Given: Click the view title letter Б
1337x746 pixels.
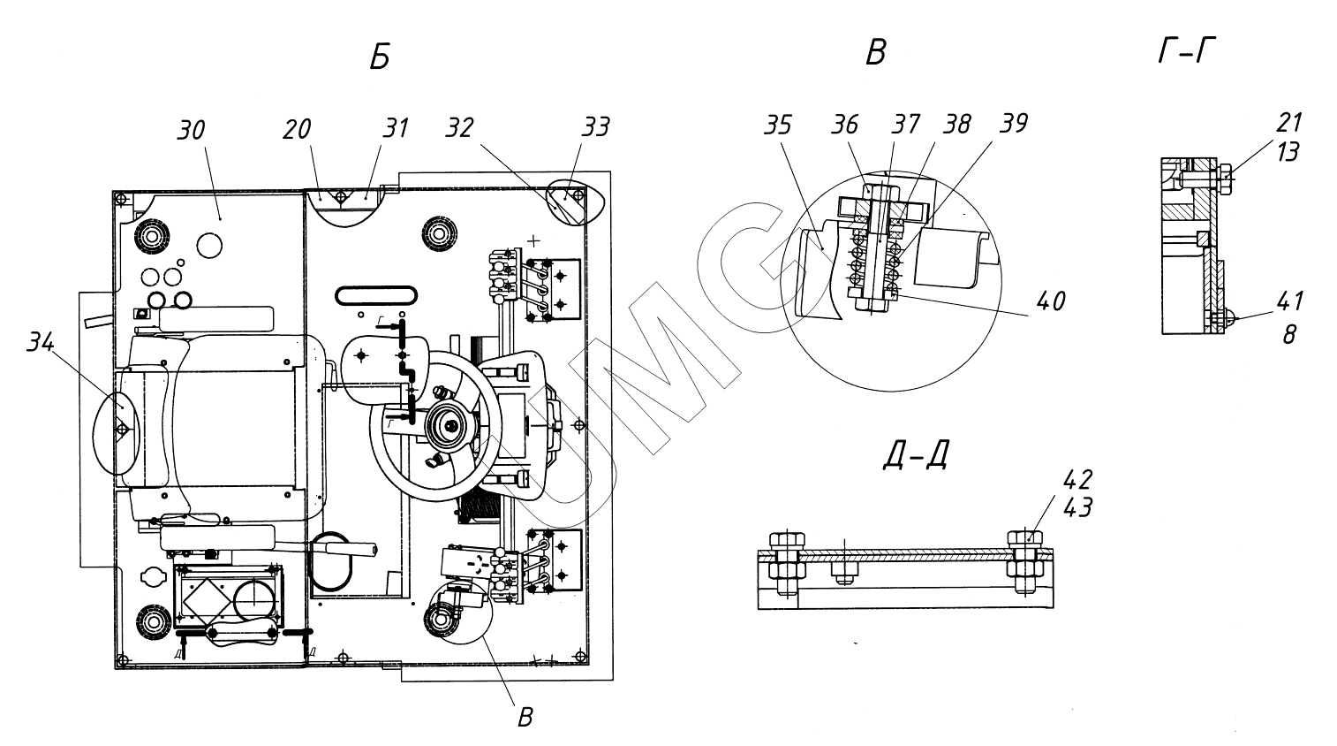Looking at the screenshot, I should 380,58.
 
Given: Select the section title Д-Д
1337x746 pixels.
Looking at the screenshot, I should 915,455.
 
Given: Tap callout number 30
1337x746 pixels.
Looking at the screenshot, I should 191,130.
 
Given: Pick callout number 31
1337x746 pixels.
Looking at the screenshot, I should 396,128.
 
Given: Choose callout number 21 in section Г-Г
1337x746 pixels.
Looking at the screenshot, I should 1288,123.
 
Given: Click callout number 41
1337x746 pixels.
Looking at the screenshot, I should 1288,302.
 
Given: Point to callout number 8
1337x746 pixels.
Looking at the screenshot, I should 1289,335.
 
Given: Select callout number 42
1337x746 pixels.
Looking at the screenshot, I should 1078,480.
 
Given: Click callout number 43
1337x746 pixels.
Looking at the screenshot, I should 1078,507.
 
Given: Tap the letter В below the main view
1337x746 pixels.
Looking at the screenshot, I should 525,716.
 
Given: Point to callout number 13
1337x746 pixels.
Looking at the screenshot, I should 1288,152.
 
